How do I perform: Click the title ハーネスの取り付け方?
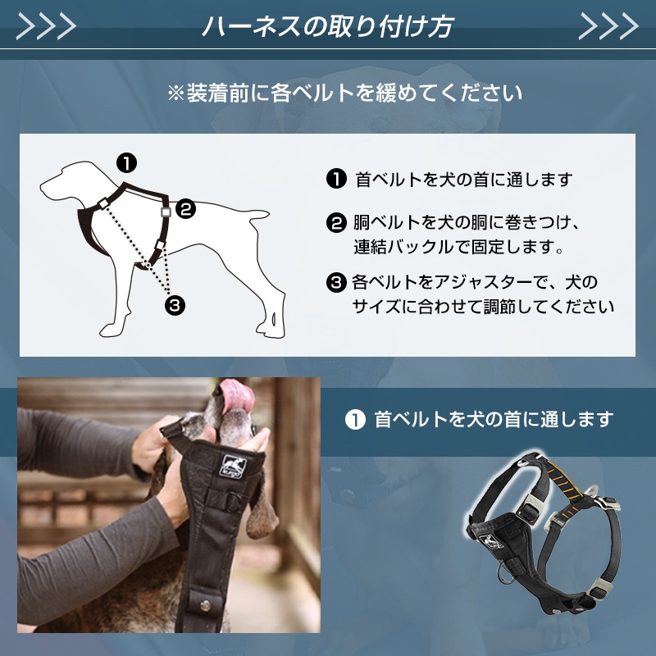click(x=327, y=26)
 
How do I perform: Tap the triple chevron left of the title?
click(x=46, y=26)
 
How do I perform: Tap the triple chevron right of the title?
click(x=608, y=26)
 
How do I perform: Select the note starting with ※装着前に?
click(x=344, y=93)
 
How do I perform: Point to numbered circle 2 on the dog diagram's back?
click(x=186, y=209)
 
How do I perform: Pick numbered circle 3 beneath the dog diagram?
click(x=174, y=306)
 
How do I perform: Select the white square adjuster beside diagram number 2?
click(x=166, y=211)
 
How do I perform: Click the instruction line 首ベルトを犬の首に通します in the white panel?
click(x=463, y=180)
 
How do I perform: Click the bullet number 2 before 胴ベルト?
click(x=336, y=223)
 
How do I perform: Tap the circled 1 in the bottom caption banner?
click(x=354, y=420)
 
